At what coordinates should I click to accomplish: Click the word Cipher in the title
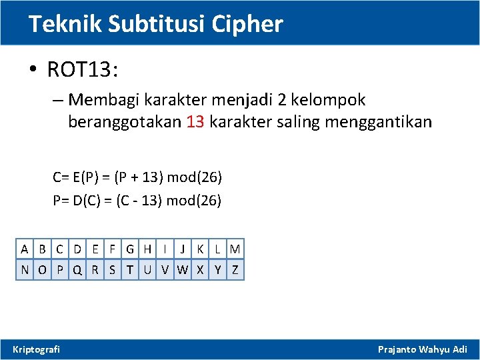coord(247,25)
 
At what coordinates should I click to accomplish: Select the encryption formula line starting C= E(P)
coord(137,177)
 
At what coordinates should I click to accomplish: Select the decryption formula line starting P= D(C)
coord(137,200)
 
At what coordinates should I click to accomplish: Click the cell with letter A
coord(25,250)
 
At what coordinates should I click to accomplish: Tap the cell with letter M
coord(235,250)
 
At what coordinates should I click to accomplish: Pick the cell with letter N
coord(25,270)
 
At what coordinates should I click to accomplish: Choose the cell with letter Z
coord(235,270)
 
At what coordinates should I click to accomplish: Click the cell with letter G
coord(129,250)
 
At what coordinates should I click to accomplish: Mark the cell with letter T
coord(129,270)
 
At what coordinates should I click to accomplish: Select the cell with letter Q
coord(78,270)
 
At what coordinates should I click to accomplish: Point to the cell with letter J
coord(182,250)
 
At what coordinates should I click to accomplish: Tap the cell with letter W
coord(182,270)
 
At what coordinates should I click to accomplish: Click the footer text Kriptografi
coord(37,349)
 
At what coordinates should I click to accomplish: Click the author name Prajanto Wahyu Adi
coord(423,349)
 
